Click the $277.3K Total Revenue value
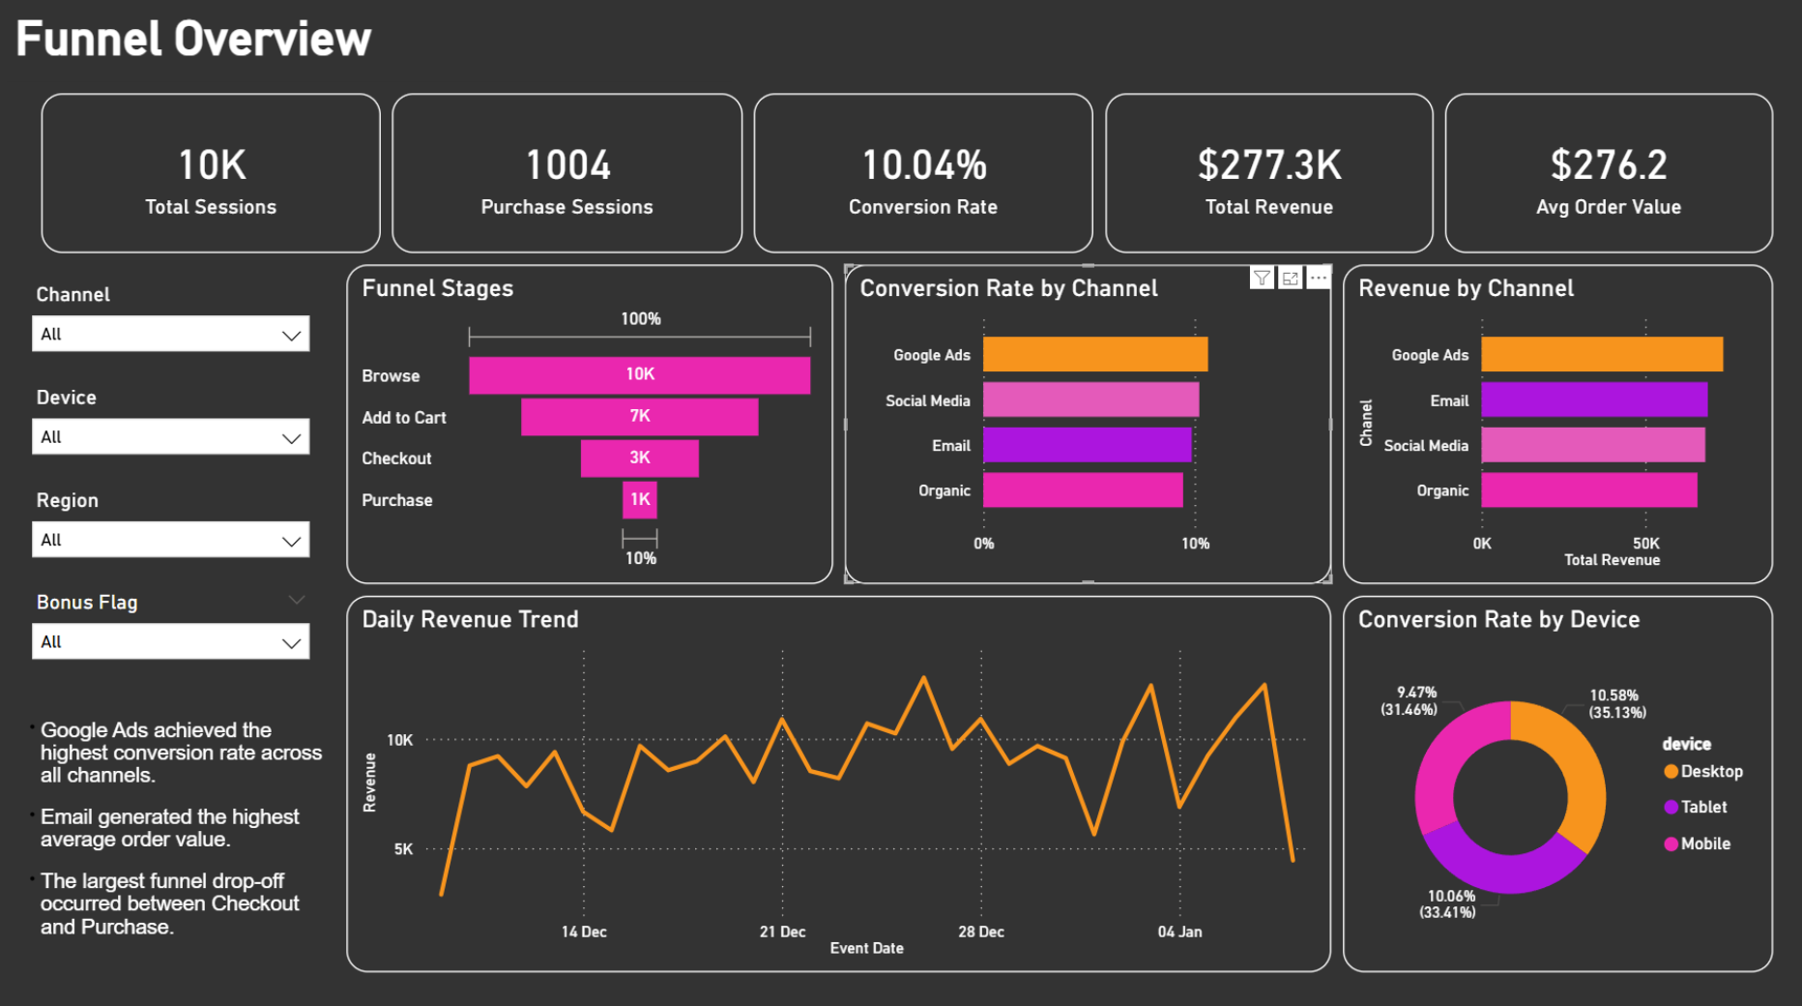click(1268, 165)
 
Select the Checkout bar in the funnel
click(639, 458)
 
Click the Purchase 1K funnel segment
click(639, 499)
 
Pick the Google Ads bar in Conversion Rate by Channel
click(1094, 354)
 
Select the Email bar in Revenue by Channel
click(1593, 399)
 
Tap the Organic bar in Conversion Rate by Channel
click(1083, 490)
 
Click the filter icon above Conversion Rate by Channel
click(1262, 279)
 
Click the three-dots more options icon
click(1318, 279)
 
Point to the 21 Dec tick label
click(782, 932)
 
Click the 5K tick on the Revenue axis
click(403, 849)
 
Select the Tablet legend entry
click(1702, 807)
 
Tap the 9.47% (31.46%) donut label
click(1410, 700)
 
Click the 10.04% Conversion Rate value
click(923, 165)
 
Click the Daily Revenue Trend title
click(470, 619)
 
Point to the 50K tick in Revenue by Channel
click(1645, 544)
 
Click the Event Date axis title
click(866, 948)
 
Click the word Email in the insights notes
click(68, 817)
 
